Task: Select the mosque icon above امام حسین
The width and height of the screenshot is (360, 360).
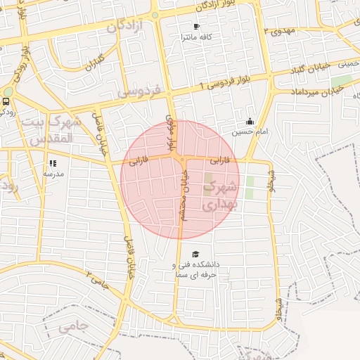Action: click(250, 121)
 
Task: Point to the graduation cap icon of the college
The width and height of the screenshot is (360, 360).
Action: click(195, 254)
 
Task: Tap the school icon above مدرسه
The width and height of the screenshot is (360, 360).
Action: click(53, 163)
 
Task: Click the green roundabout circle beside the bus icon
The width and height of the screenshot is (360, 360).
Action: click(8, 92)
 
